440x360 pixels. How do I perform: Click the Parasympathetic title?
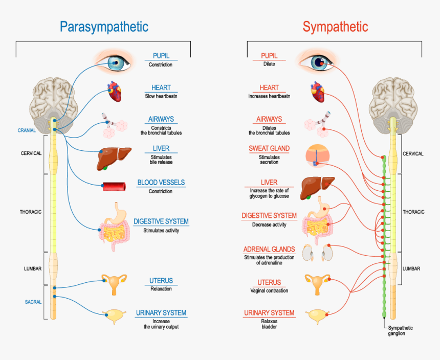coord(104,27)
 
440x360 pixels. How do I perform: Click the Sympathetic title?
coord(335,27)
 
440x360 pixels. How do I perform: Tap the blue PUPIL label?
coord(161,56)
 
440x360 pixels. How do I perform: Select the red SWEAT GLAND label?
coord(269,149)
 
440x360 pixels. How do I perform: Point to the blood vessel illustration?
coord(115,187)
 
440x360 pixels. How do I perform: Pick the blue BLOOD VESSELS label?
coord(161,183)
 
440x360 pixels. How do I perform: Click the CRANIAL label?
coord(27,130)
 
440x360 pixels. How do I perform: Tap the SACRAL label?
coord(33,302)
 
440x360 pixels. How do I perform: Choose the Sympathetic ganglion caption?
coord(400,331)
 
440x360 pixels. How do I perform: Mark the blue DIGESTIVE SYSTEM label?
coord(161,222)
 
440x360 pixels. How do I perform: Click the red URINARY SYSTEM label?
coord(269,313)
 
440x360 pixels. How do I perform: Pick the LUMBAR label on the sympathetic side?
coord(411,268)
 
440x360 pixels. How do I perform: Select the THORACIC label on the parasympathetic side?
coord(31,212)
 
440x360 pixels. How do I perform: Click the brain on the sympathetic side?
coord(392,97)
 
